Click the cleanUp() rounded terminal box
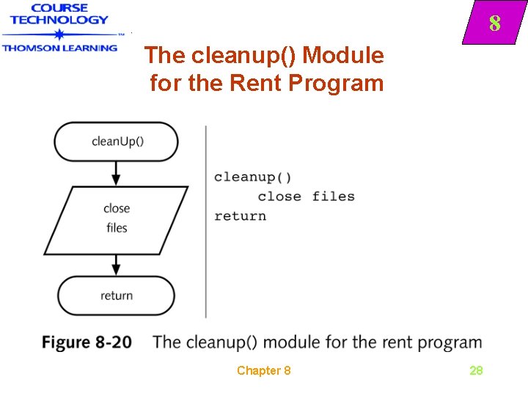pyautogui.click(x=117, y=141)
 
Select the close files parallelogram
pyautogui.click(x=116, y=219)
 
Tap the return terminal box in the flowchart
pyautogui.click(x=117, y=296)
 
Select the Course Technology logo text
pyautogui.click(x=59, y=14)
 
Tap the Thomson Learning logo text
pyautogui.click(x=59, y=48)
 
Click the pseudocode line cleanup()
pyautogui.click(x=252, y=177)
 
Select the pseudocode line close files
pyautogui.click(x=306, y=197)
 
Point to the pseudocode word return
pyautogui.click(x=240, y=216)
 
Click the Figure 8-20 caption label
pyautogui.click(x=87, y=342)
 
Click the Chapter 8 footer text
pyautogui.click(x=263, y=370)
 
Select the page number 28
pyautogui.click(x=476, y=370)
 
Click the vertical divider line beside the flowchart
pyautogui.click(x=206, y=220)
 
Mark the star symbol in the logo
pyautogui.click(x=59, y=34)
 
